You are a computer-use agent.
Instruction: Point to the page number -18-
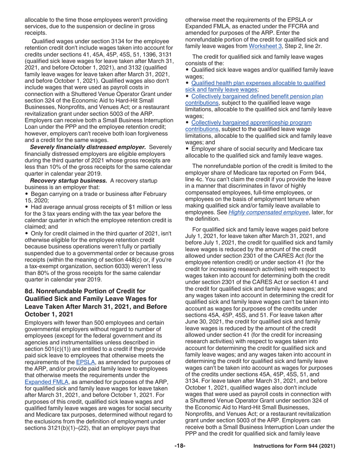[x=180, y=446]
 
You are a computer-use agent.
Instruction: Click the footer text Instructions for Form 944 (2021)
[x=294, y=446]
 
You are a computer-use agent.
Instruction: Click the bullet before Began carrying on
[x=26, y=194]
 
